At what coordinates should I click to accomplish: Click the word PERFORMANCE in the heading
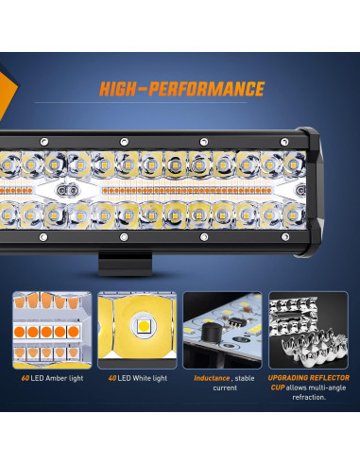pyautogui.click(x=212, y=90)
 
